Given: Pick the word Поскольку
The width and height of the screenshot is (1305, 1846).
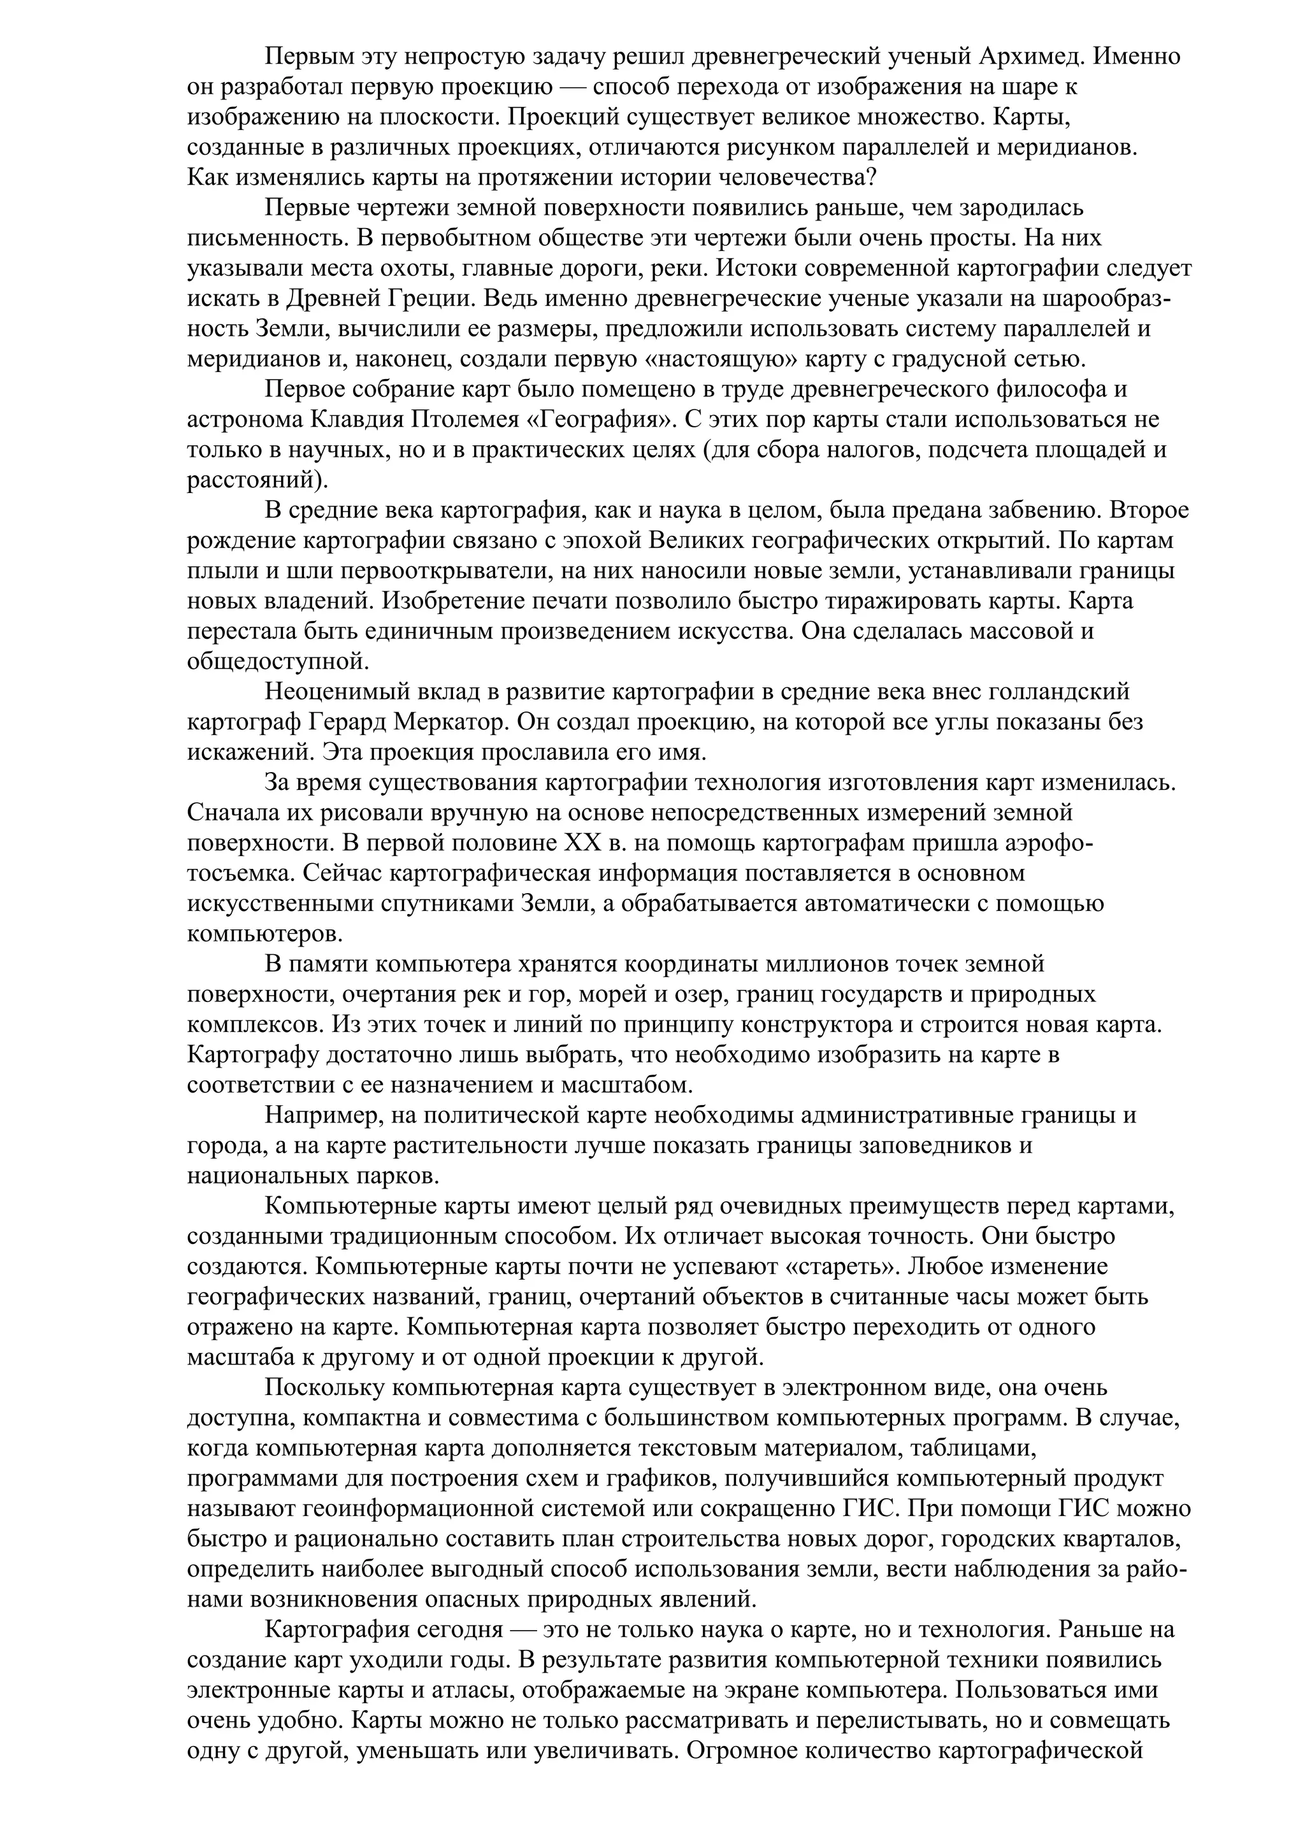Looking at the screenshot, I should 326,1388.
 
